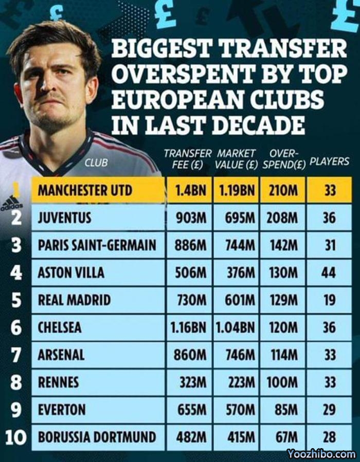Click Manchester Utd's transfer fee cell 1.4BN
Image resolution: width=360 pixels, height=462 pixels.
click(190, 191)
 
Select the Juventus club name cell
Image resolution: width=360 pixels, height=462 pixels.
click(65, 218)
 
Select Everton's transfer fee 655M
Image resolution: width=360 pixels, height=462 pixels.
click(190, 410)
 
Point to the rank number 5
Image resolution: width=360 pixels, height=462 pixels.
click(16, 300)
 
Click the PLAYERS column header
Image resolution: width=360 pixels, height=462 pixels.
click(330, 161)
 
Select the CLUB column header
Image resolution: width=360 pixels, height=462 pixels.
click(97, 163)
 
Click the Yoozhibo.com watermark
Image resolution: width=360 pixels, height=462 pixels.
click(321, 454)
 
